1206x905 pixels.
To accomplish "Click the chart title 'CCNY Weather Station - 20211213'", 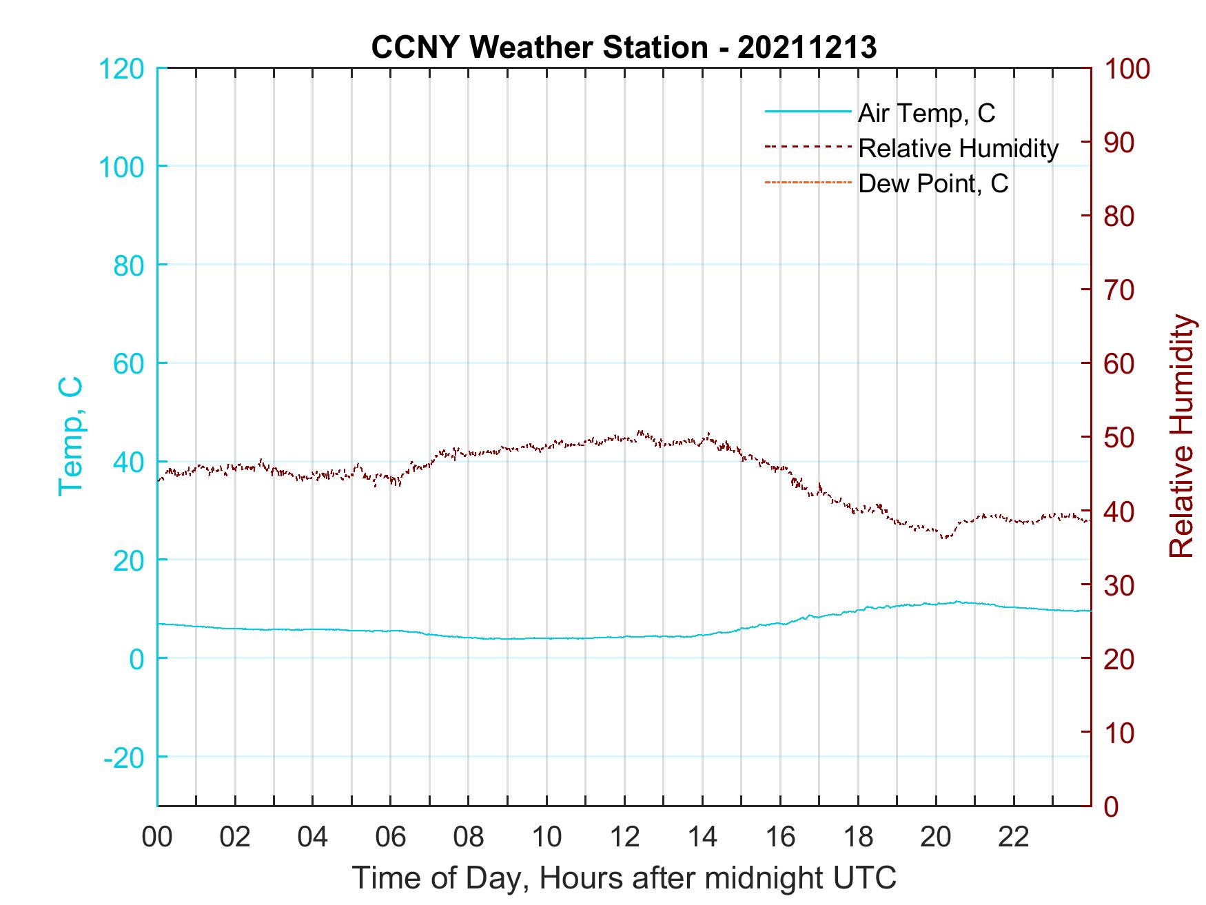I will tap(624, 48).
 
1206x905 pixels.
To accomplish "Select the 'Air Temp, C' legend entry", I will tap(926, 113).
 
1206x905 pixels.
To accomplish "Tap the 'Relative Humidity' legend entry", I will tap(958, 148).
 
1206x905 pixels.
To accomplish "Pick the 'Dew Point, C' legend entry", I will tap(933, 183).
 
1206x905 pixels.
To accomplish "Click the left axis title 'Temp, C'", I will tap(71, 436).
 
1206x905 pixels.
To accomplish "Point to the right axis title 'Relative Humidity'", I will tap(1181, 436).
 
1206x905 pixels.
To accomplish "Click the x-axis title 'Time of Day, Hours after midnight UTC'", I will tap(624, 878).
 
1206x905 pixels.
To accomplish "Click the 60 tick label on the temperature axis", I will tap(128, 364).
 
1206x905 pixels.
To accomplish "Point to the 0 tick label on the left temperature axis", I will tap(136, 659).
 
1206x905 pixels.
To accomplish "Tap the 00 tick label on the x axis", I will tap(157, 837).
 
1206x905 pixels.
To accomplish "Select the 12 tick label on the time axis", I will tap(624, 837).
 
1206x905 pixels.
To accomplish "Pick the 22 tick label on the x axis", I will tap(1014, 837).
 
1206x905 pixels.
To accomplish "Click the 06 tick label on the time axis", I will tap(391, 837).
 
